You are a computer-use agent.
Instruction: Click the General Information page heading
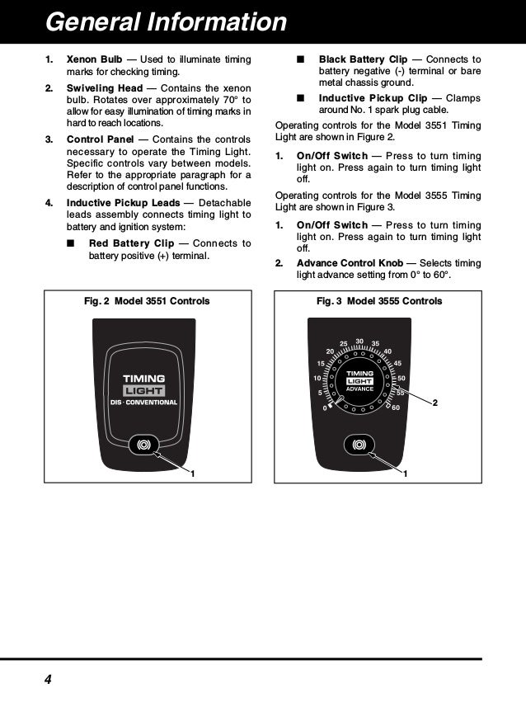click(x=165, y=21)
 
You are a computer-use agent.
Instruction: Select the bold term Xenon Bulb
click(x=94, y=60)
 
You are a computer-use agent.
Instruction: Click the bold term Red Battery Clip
click(x=131, y=243)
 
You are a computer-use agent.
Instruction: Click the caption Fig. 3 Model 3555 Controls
click(x=379, y=301)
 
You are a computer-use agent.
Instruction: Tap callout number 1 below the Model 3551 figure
click(x=192, y=473)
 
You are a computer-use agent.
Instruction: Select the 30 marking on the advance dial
click(x=359, y=341)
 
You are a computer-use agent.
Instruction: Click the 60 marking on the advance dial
click(x=396, y=408)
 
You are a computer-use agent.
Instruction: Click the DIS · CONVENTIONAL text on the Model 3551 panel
click(x=144, y=402)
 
